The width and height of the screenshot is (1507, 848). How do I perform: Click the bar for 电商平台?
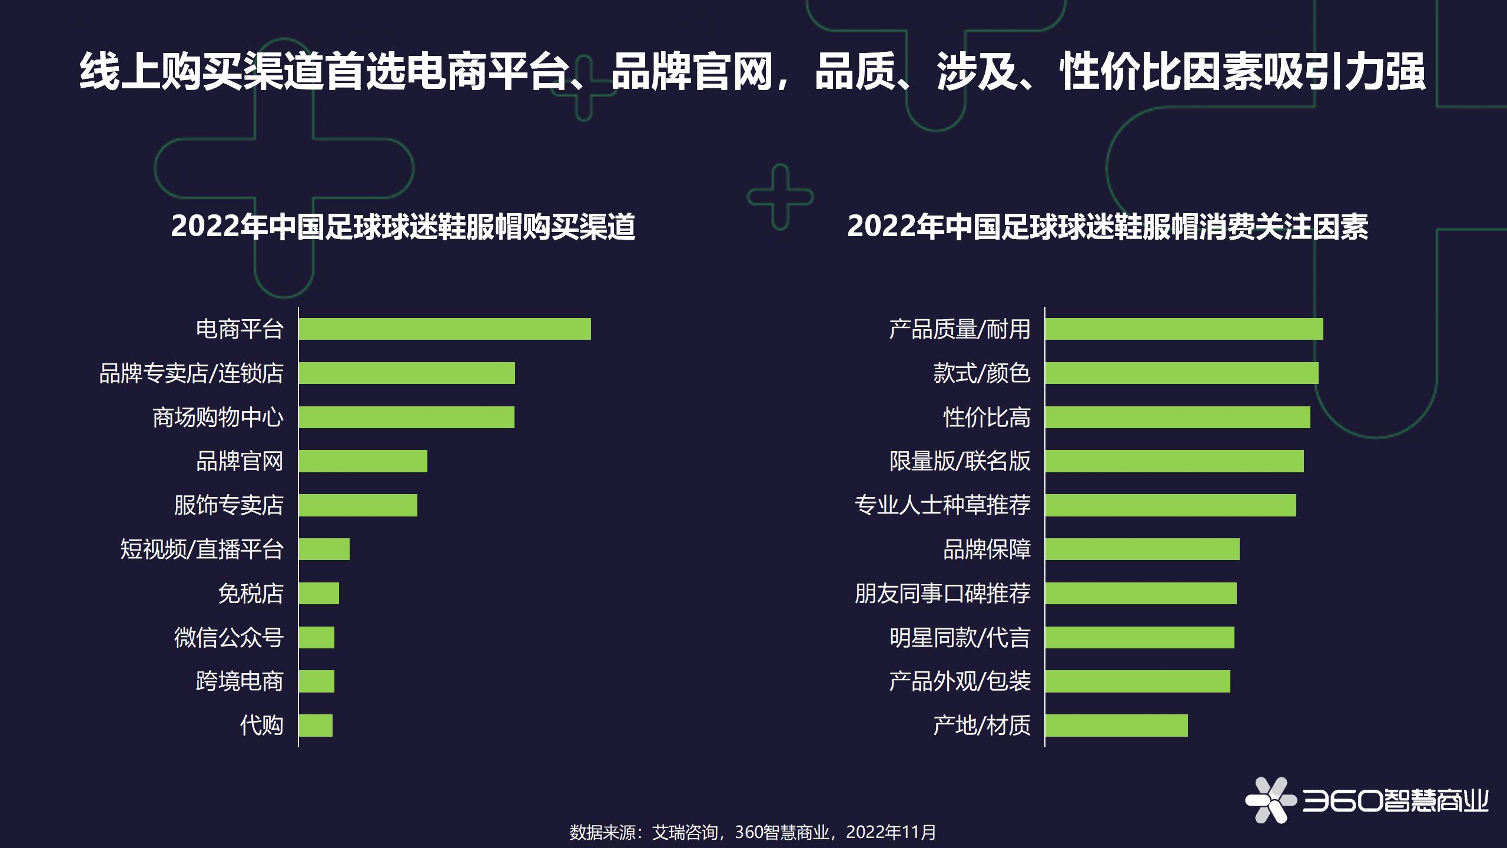(x=444, y=329)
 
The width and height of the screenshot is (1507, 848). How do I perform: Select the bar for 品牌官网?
(x=363, y=461)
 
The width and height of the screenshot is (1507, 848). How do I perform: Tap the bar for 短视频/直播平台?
(x=324, y=549)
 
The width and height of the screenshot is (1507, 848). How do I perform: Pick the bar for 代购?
(x=316, y=726)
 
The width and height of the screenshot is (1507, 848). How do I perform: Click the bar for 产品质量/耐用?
(x=1184, y=329)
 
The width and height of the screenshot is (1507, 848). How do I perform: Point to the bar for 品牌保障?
(x=1142, y=549)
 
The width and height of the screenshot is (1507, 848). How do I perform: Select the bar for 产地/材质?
(x=1116, y=726)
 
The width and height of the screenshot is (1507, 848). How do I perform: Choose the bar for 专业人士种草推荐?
(x=1170, y=505)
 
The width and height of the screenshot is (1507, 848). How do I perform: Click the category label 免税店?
(x=251, y=594)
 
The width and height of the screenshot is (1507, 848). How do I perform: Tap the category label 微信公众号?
(x=229, y=638)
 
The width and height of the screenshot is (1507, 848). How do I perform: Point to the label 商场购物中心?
(x=218, y=418)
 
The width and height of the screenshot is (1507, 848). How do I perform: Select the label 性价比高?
(x=987, y=418)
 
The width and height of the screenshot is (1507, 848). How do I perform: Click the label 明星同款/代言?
(x=960, y=638)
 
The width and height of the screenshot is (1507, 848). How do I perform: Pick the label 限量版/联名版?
(x=960, y=461)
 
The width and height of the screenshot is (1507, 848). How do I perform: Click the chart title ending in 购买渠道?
(x=403, y=227)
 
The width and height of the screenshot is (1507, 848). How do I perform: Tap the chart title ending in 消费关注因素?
(x=1107, y=227)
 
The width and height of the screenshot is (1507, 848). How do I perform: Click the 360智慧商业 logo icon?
(x=1270, y=800)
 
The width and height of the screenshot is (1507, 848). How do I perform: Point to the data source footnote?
(x=752, y=832)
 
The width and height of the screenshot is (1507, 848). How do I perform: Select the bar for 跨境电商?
(x=316, y=681)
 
